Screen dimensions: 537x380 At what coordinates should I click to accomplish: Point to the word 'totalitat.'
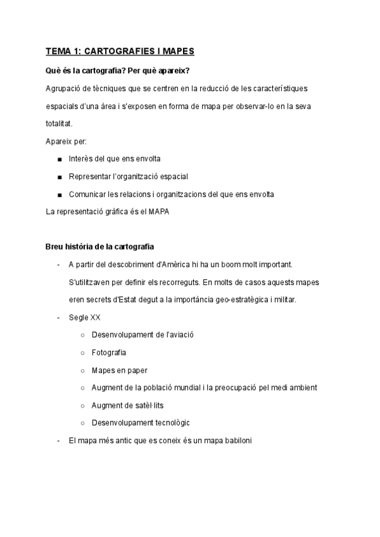(60, 123)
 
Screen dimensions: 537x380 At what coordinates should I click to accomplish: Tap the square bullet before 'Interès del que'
(59, 159)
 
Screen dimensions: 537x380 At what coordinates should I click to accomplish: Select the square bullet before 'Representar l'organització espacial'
(59, 177)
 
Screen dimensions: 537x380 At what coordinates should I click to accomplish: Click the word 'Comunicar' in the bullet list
(87, 194)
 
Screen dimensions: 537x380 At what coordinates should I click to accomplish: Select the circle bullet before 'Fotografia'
(82, 352)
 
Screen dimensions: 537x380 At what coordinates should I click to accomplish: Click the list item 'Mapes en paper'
(119, 370)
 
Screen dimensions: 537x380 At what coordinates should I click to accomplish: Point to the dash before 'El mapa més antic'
(58, 440)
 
